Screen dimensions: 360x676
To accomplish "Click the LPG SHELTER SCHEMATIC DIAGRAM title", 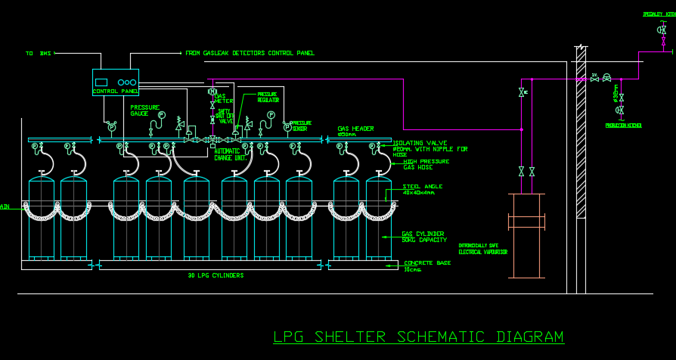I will point(418,337).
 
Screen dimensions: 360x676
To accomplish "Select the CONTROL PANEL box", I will point(116,82).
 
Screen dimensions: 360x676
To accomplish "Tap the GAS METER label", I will point(220,99).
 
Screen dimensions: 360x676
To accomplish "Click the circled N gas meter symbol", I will point(212,92).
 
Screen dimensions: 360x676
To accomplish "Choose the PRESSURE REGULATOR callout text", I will point(268,97).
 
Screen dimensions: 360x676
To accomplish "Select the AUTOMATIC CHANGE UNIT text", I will point(230,154).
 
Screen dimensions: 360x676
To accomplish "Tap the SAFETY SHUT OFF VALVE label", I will point(225,116).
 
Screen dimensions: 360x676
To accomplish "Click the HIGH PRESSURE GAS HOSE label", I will point(426,164).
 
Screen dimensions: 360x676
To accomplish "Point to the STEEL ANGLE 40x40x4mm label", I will point(422,189).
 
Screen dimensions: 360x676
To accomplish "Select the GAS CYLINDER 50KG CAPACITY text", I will point(423,237).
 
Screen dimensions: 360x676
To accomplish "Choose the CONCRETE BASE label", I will point(427,265).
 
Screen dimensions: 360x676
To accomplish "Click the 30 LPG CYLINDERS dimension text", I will point(216,276).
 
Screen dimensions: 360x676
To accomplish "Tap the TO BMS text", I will point(39,54).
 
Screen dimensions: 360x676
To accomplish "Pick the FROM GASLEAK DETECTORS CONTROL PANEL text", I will point(250,54).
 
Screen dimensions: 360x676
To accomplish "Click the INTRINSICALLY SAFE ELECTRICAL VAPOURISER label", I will point(482,249).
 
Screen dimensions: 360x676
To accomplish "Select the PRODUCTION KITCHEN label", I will point(623,126).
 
